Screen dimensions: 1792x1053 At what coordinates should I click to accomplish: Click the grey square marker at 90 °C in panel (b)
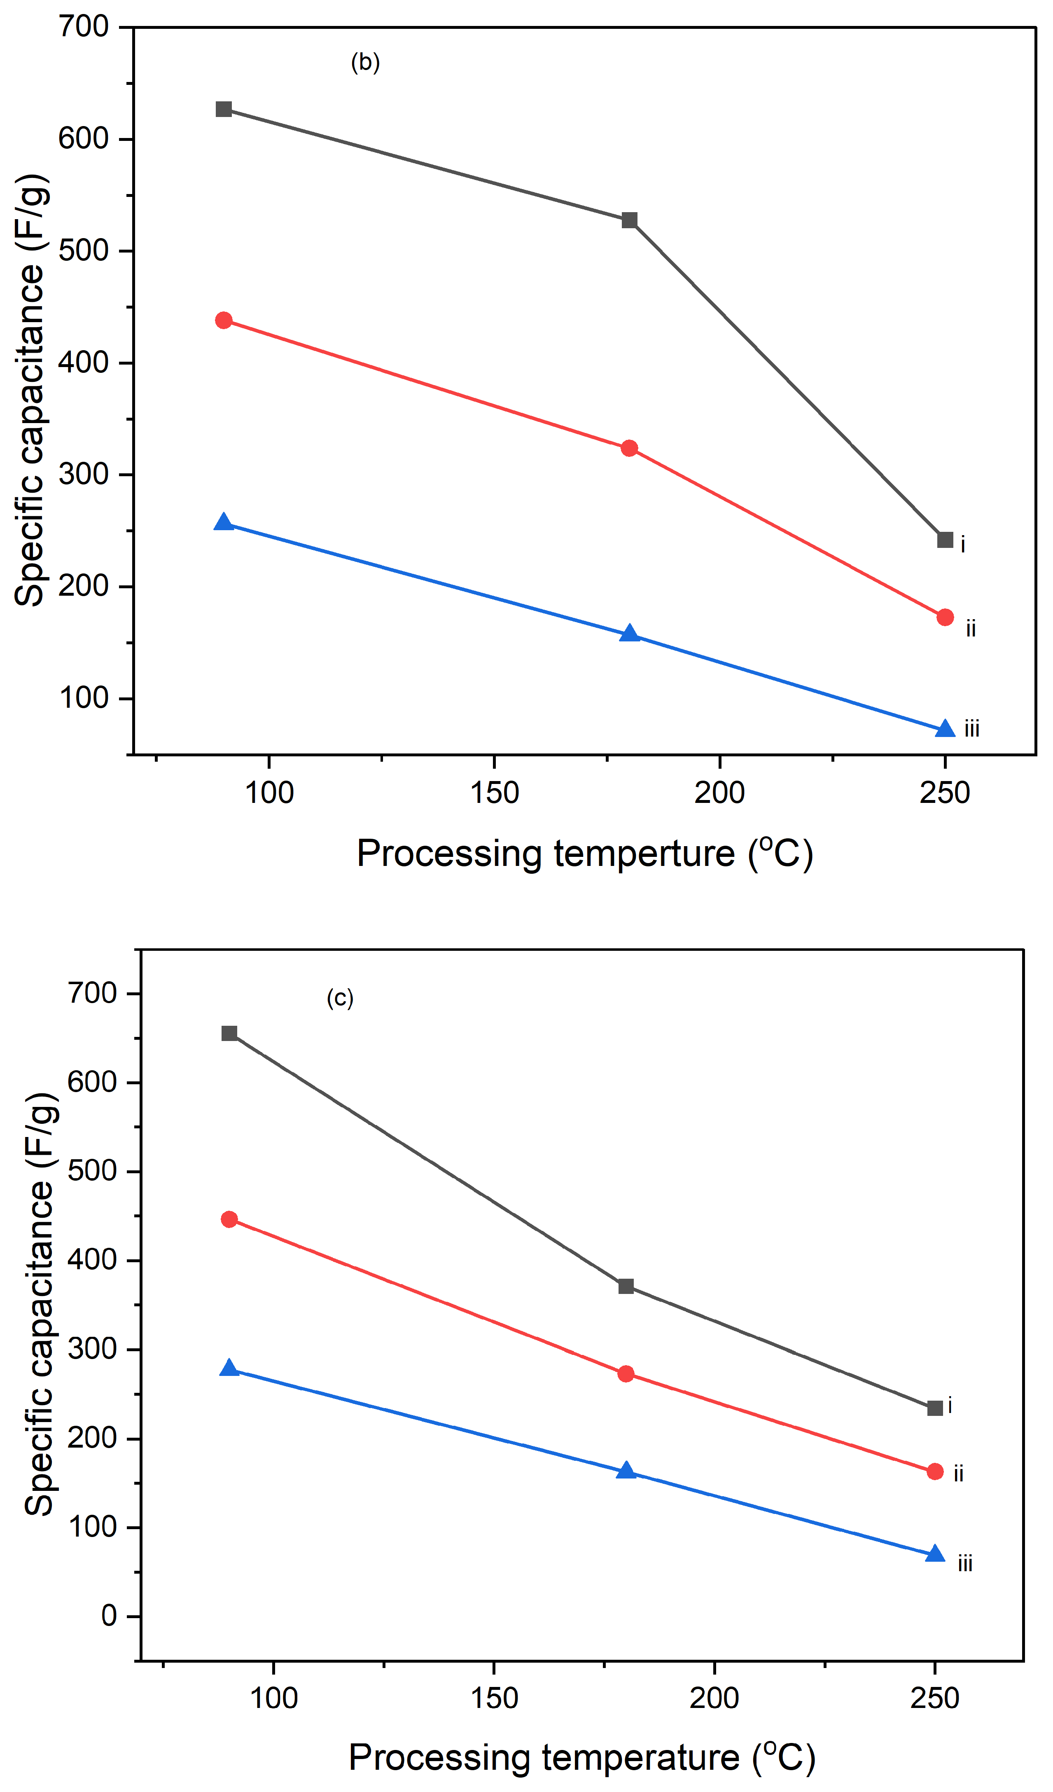point(224,109)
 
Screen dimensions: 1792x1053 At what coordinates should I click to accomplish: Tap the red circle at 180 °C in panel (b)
point(629,448)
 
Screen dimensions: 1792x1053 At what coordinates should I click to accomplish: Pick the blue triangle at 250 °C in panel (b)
point(945,729)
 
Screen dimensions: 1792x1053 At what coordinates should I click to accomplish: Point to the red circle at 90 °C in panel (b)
point(224,321)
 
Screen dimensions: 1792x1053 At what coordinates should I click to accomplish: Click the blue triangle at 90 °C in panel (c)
point(229,1368)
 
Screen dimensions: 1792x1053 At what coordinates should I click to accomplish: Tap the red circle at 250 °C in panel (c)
point(935,1471)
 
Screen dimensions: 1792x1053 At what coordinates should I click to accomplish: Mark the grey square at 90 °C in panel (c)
point(229,1033)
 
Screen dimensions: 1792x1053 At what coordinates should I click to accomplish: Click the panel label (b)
point(365,63)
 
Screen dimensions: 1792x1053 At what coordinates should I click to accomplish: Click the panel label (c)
point(340,999)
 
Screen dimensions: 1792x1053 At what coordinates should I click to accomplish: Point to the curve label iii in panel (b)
point(971,729)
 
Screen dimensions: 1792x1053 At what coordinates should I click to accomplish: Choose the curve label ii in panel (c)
point(958,1474)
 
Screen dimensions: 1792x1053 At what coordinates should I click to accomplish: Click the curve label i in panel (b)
point(963,545)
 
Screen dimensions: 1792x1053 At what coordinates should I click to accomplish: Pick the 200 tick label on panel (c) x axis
point(714,1699)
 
